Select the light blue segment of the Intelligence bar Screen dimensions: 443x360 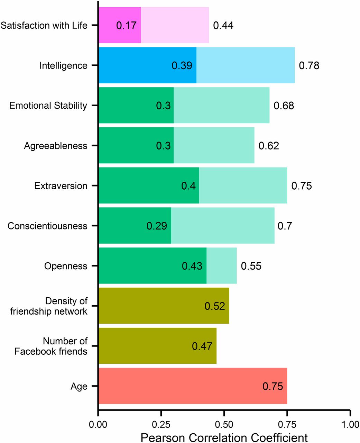pos(246,65)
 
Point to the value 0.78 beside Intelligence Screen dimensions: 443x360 pos(309,65)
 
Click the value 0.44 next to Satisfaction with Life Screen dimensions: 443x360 pos(223,25)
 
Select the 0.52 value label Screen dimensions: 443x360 pos(215,306)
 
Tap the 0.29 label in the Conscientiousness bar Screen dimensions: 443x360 pos(157,226)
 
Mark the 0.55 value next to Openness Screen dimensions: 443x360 pos(251,266)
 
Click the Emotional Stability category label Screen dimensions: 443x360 pos(48,106)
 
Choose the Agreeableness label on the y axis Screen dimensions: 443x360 pos(55,146)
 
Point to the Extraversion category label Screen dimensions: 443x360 pos(61,186)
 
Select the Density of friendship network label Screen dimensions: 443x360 pos(49,306)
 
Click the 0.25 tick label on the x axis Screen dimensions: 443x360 pos(161,425)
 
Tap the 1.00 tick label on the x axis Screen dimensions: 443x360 pos(350,425)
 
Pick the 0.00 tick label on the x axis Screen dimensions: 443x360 pos(99,425)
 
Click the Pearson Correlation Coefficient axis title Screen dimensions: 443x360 pos(224,437)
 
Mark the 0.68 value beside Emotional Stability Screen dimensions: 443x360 pos(284,106)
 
